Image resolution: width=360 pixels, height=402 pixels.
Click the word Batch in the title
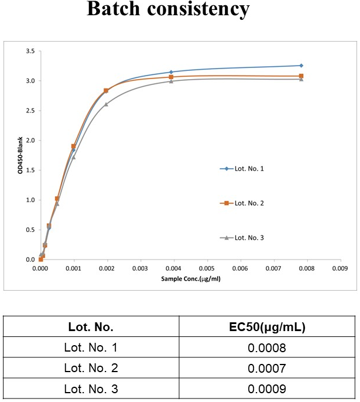(114, 8)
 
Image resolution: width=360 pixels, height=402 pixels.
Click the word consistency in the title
(198, 9)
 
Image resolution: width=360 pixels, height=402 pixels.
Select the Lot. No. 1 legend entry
(242, 169)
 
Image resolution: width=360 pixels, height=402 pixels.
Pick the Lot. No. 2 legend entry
(242, 203)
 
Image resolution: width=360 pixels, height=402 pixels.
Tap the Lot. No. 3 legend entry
(242, 238)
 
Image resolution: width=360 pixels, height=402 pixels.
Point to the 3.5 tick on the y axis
(30, 51)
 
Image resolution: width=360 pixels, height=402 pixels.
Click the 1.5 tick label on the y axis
(30, 170)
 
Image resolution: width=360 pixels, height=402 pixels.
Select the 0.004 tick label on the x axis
(173, 268)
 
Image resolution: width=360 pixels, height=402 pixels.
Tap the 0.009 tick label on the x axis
(340, 268)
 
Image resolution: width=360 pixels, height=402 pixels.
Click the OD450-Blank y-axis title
(20, 155)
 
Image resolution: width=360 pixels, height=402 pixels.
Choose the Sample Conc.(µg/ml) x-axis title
(191, 279)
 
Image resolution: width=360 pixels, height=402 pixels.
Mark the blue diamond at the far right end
(301, 66)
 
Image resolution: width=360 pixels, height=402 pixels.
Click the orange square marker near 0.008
(301, 76)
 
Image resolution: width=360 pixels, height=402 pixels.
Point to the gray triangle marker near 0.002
(106, 104)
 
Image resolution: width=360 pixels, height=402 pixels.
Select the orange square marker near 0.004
(171, 77)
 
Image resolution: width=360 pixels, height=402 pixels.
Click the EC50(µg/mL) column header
(267, 327)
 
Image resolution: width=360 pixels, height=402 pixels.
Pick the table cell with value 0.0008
(267, 348)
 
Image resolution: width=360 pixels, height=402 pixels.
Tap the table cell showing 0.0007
(267, 368)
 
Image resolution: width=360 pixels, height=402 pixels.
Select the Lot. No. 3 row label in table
(91, 389)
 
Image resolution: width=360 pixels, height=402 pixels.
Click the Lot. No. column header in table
(91, 327)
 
